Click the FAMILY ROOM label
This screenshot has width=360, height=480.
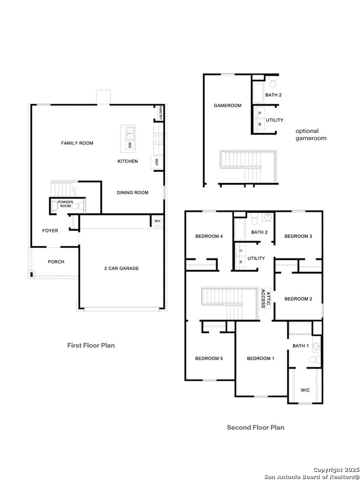pyautogui.click(x=77, y=143)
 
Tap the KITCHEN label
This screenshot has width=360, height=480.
pyautogui.click(x=128, y=161)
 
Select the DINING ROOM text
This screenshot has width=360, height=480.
pyautogui.click(x=133, y=193)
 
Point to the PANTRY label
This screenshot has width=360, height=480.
pyautogui.click(x=161, y=113)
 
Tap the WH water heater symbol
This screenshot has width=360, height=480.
pyautogui.click(x=157, y=221)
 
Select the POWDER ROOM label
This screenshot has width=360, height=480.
pyautogui.click(x=65, y=204)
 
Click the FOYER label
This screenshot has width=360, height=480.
pyautogui.click(x=50, y=231)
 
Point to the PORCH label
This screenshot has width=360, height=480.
pyautogui.click(x=56, y=262)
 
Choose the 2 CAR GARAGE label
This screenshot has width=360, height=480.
pyautogui.click(x=121, y=268)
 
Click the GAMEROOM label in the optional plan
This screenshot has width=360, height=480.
pyautogui.click(x=227, y=105)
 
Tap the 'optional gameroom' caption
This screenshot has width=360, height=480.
pyautogui.click(x=311, y=135)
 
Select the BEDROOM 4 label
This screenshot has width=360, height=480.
pyautogui.click(x=209, y=236)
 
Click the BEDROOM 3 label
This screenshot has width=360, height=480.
pyautogui.click(x=298, y=236)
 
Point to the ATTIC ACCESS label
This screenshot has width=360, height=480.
pyautogui.click(x=266, y=298)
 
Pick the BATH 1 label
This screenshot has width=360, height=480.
pyautogui.click(x=301, y=346)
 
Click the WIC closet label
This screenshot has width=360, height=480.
pyautogui.click(x=305, y=390)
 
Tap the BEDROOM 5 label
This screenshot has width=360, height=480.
pyautogui.click(x=209, y=359)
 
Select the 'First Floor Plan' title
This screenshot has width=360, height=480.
pyautogui.click(x=91, y=345)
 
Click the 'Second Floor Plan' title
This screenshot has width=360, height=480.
pyautogui.click(x=255, y=428)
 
